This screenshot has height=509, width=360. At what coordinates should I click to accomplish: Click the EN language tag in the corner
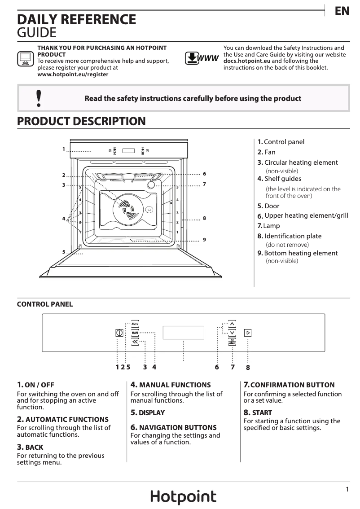tap(342, 11)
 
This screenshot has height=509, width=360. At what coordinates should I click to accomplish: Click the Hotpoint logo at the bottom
tap(183, 497)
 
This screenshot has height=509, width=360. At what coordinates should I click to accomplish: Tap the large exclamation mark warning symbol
tap(39, 98)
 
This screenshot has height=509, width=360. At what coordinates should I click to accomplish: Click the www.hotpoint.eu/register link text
tap(73, 75)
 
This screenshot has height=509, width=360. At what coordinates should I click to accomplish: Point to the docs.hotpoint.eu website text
tap(247, 61)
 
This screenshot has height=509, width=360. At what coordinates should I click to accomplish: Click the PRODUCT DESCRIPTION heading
tap(81, 121)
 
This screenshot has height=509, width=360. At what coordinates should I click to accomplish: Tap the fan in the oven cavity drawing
tap(127, 209)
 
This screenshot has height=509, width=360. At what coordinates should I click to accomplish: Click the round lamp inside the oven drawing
tap(151, 184)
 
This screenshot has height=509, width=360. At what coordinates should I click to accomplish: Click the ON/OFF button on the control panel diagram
tap(119, 333)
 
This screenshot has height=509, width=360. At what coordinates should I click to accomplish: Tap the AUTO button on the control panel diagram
tap(135, 324)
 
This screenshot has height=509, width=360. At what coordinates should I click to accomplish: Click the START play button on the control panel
tap(247, 333)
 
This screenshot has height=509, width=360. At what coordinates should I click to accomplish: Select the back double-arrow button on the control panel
tap(135, 342)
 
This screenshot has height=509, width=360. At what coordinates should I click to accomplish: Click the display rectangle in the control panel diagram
tap(183, 333)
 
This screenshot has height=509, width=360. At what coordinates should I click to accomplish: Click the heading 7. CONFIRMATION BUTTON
tap(289, 385)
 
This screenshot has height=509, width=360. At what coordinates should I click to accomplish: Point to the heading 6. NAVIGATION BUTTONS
tap(173, 427)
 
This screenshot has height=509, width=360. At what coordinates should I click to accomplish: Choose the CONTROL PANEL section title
tap(44, 304)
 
